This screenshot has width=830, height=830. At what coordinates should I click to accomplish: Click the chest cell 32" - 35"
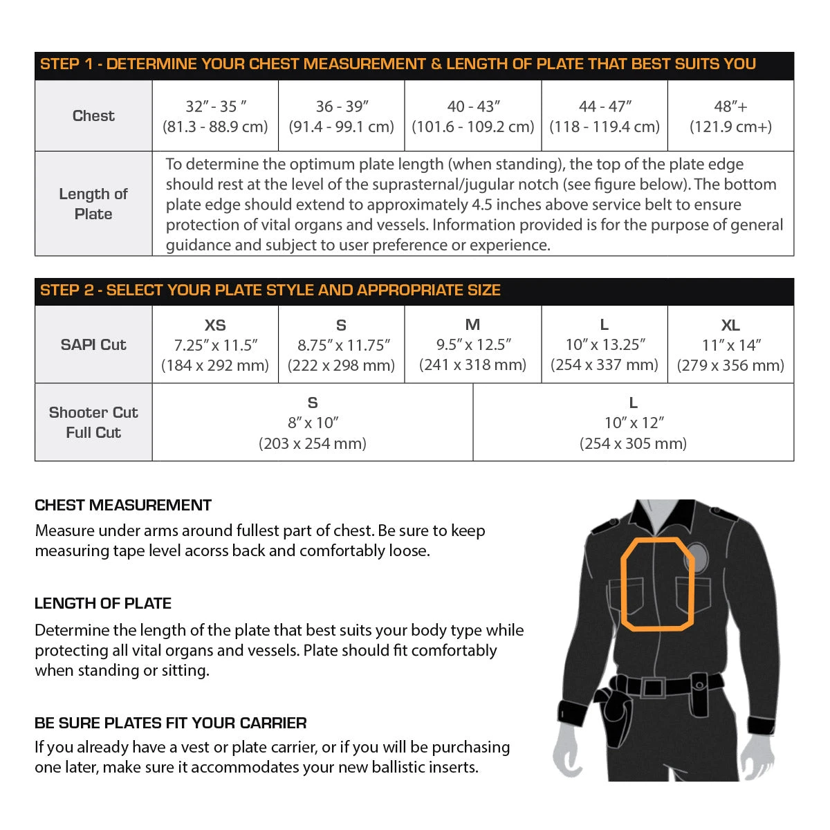pos(215,116)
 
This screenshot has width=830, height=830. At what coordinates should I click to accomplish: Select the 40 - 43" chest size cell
pos(473,116)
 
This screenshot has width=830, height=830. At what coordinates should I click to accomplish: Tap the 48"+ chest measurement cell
pos(730,116)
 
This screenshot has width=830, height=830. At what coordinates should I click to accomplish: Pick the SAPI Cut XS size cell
pos(215,344)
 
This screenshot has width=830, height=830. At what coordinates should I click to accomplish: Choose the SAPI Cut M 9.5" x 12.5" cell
pos(473,344)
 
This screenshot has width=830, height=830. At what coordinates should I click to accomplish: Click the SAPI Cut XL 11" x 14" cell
pos(730,344)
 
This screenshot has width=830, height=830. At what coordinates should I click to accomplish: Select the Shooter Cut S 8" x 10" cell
pos(313,423)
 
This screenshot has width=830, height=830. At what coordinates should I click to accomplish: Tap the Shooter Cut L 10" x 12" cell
pos(633,423)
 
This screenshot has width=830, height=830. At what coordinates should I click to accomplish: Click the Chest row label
pos(93,116)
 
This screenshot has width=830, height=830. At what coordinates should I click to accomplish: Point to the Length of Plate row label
pos(93,204)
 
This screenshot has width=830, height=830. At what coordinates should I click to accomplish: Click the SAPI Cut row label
pos(93,344)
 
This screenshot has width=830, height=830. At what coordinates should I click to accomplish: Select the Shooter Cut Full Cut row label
pos(93,423)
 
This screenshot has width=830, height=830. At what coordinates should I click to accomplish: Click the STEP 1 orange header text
pos(398,64)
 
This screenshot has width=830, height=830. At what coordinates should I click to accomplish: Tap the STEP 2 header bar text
pos(270,290)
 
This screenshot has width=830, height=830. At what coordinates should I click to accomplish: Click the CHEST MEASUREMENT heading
pos(123,506)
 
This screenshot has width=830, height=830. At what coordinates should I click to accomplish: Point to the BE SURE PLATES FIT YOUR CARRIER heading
pos(171,723)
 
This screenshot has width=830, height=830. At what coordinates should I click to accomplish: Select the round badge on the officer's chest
pos(697,557)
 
